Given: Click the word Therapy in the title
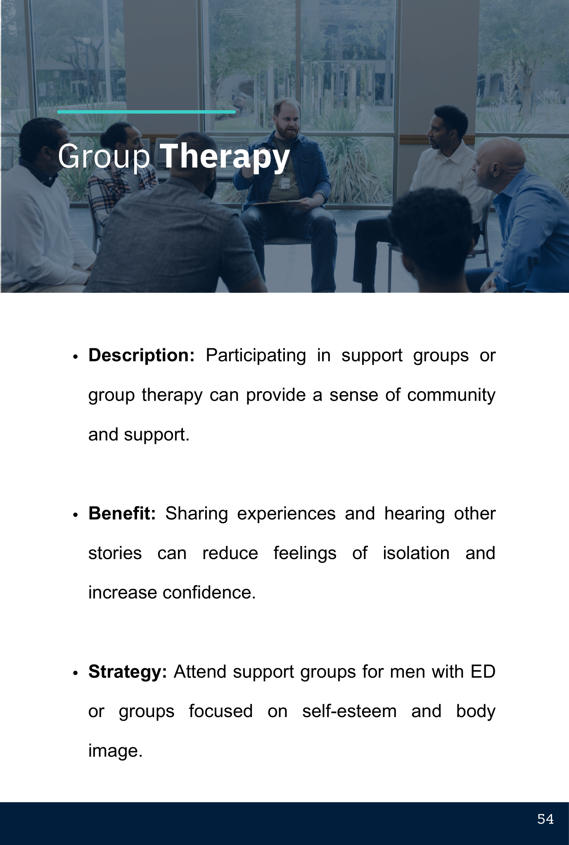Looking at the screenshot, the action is (224, 157).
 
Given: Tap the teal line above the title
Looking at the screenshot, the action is (146, 112).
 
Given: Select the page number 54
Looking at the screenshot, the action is (545, 819).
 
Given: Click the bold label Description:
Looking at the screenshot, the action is (141, 355).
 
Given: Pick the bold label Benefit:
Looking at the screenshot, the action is (122, 513).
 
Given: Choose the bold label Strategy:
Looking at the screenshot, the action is (128, 672).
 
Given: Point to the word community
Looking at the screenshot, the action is (451, 395).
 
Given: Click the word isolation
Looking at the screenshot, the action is (416, 553).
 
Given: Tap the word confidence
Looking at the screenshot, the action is (209, 592).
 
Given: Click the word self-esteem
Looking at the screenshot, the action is (349, 711).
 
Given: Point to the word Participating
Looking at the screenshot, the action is (256, 356).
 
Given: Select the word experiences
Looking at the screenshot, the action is (286, 514).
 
